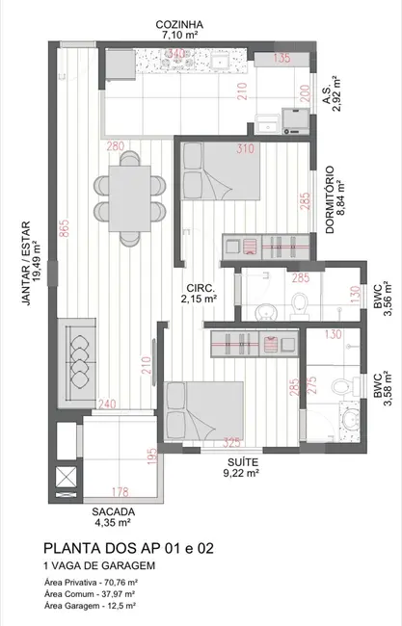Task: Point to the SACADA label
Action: [x=113, y=511]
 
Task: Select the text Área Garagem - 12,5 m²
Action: [x=89, y=607]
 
